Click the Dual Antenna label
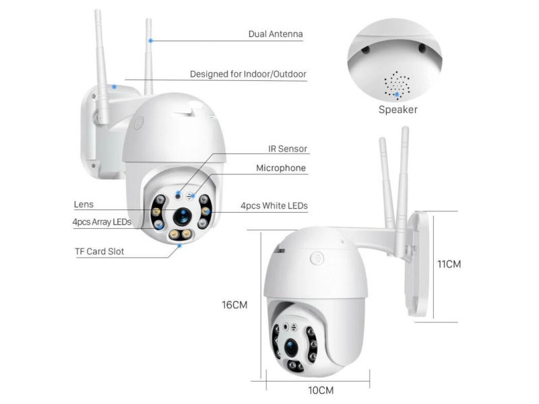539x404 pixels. (x=276, y=34)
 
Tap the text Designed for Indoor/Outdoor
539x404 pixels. (x=248, y=74)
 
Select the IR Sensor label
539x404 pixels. (x=288, y=149)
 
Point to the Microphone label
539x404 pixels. (x=281, y=168)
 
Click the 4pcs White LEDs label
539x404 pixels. (x=274, y=206)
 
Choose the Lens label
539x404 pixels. (x=84, y=205)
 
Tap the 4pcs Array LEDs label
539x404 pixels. (x=102, y=222)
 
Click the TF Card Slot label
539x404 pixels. (x=99, y=251)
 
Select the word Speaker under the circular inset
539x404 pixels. (x=398, y=110)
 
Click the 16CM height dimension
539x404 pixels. (x=234, y=305)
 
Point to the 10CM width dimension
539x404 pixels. (x=321, y=391)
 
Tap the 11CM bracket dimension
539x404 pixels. (x=449, y=264)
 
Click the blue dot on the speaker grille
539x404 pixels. (x=397, y=94)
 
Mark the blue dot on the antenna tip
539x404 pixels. (x=150, y=40)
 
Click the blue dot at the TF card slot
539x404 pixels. (x=179, y=246)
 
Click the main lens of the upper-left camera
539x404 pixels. (x=182, y=216)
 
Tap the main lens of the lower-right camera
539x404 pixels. (x=291, y=348)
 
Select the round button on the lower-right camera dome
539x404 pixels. (x=317, y=259)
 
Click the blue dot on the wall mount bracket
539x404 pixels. (x=114, y=87)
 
